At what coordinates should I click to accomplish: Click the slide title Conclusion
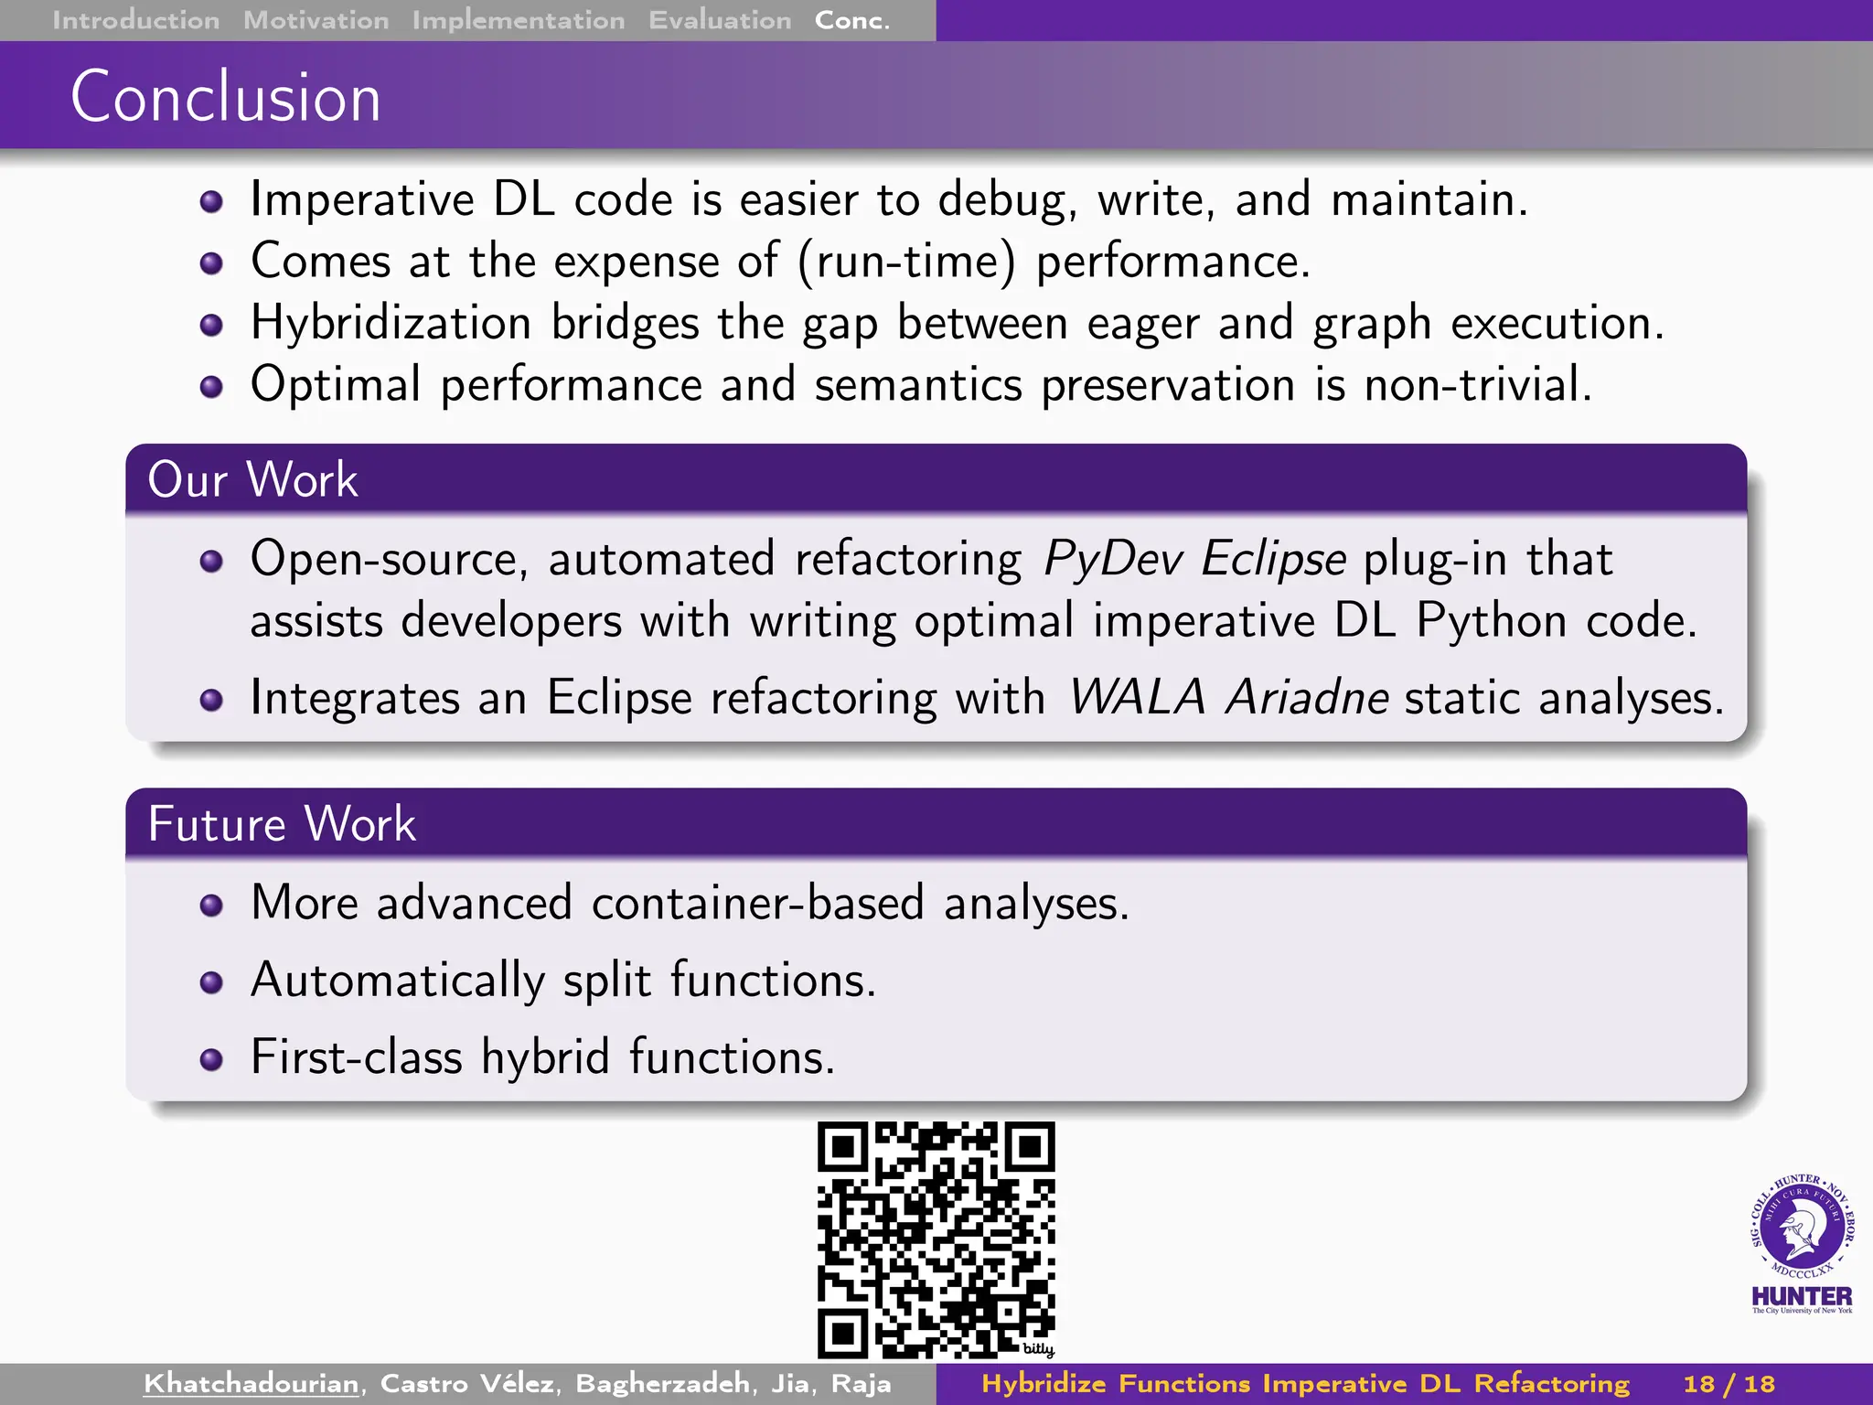tap(225, 97)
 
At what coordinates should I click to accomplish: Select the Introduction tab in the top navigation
tap(135, 20)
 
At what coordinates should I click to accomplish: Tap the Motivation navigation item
tap(316, 20)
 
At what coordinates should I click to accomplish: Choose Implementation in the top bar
tap(518, 20)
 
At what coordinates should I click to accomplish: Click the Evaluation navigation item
tap(720, 20)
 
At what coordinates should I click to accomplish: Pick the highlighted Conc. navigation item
tap(851, 20)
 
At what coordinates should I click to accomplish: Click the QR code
tap(936, 1239)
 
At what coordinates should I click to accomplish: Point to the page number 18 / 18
tap(1729, 1383)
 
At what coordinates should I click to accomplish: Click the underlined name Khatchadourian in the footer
tap(251, 1383)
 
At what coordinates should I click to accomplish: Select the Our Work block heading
tap(252, 479)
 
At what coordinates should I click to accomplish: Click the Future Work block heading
tap(282, 823)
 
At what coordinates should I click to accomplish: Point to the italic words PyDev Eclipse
tap(1193, 559)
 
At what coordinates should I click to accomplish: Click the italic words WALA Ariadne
tap(1229, 698)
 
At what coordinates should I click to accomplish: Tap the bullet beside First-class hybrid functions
tap(211, 1059)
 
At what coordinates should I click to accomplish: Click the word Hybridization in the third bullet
tap(391, 323)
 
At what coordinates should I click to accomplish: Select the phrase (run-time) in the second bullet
tap(905, 263)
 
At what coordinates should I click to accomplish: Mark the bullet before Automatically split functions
tap(211, 982)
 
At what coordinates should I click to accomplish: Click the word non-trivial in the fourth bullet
tap(1477, 384)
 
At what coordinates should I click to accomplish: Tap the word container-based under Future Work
tap(757, 903)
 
